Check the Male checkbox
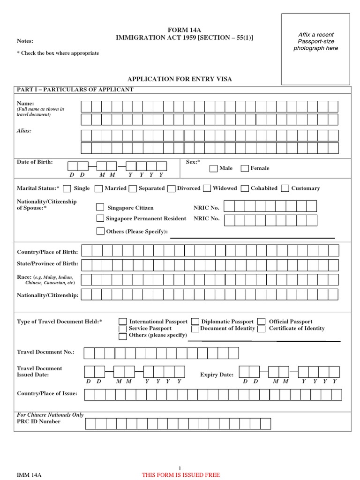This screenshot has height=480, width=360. click(x=213, y=168)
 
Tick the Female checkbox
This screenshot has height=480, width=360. click(x=245, y=168)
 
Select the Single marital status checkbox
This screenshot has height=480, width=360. click(x=67, y=188)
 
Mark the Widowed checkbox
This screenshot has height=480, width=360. click(x=207, y=188)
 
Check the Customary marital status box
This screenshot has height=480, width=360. click(x=285, y=188)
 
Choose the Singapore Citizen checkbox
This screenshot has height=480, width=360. click(x=100, y=207)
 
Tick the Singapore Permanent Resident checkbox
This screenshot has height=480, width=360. click(x=100, y=218)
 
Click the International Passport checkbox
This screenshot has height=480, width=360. click(x=123, y=322)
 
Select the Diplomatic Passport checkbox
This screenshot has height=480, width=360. click(x=195, y=322)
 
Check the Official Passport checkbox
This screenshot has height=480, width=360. click(x=262, y=322)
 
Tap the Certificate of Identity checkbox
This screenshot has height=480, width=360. click(x=262, y=329)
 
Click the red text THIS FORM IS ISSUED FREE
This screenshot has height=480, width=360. click(x=180, y=475)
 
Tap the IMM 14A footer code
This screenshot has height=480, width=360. click(x=30, y=475)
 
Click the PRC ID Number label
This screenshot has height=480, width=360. click(x=38, y=421)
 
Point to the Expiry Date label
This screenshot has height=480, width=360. click(x=217, y=375)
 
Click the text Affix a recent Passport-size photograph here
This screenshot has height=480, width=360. click(x=315, y=42)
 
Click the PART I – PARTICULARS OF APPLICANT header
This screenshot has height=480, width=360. click(x=75, y=90)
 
